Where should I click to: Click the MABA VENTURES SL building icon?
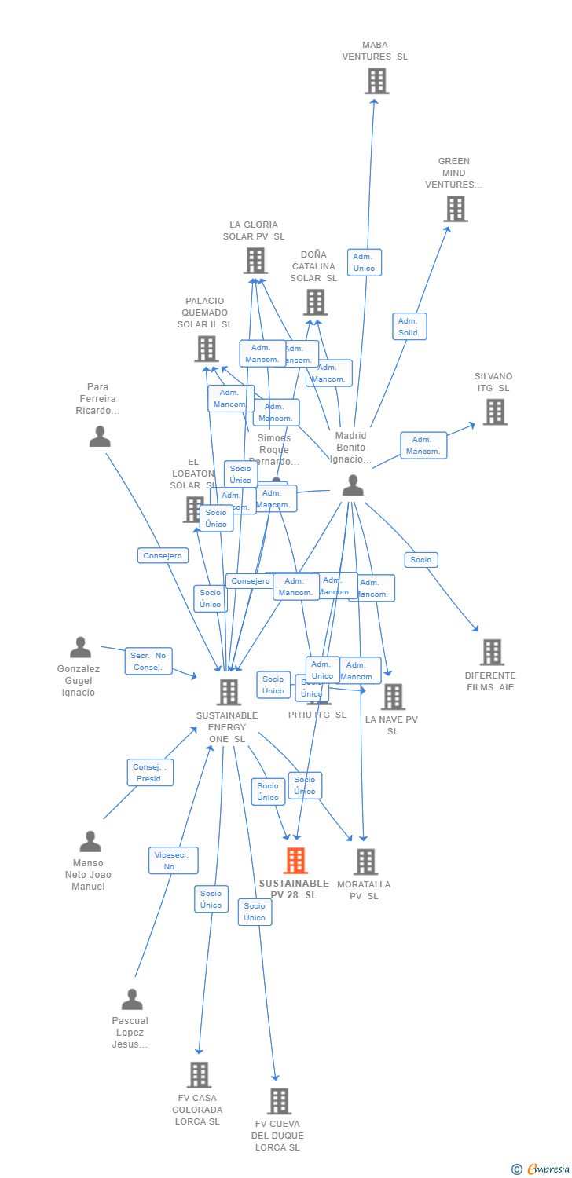tap(376, 81)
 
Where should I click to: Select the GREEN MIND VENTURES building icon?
tap(456, 209)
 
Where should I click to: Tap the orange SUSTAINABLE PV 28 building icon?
tap(295, 861)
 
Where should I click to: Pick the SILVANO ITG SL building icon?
tap(494, 412)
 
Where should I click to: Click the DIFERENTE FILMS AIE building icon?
tap(492, 652)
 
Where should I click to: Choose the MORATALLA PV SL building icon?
tap(365, 862)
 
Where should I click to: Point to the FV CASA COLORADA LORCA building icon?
tap(199, 1074)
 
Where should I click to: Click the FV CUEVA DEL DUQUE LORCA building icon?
tap(279, 1101)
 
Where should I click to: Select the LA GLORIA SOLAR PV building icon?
tap(255, 260)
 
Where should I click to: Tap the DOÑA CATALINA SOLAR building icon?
tap(315, 302)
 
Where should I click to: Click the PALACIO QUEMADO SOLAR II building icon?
tap(207, 348)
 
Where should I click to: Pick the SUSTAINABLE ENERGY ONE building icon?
tap(229, 692)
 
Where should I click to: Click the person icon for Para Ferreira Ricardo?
tap(100, 436)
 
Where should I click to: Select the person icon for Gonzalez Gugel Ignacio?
tap(80, 648)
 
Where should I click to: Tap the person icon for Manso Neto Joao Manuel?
tap(90, 841)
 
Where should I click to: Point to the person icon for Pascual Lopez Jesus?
tap(132, 999)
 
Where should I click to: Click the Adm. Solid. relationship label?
tap(409, 327)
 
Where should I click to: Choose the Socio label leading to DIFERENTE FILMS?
tap(421, 560)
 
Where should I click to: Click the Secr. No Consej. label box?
tap(148, 661)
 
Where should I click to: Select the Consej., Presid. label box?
tap(150, 773)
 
